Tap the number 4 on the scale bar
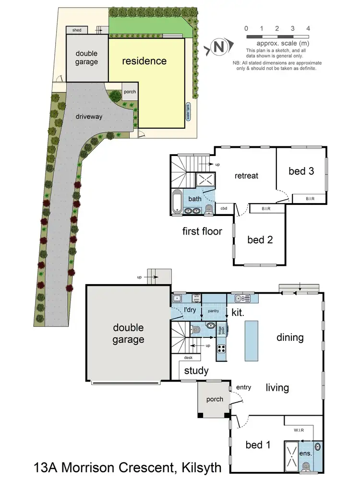[308, 28]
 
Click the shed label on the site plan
[77, 30]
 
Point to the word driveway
[89, 116]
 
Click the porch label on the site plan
[130, 92]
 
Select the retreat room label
[246, 175]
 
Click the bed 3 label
[301, 170]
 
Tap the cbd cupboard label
[224, 208]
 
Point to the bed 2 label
[260, 239]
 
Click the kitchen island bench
[252, 340]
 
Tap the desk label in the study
[188, 358]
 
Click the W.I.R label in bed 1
[300, 430]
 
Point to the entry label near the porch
[244, 387]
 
